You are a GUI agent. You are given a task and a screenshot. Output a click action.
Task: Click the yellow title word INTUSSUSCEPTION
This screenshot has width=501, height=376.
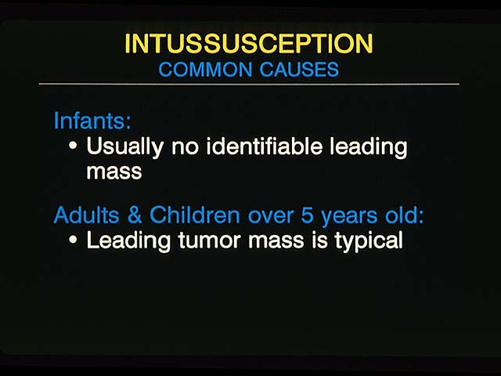pyautogui.click(x=249, y=43)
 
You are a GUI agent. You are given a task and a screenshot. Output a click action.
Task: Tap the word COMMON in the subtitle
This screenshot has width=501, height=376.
pyautogui.click(x=205, y=70)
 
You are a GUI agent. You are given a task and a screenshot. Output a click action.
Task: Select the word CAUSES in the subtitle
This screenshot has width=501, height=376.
pyautogui.click(x=299, y=70)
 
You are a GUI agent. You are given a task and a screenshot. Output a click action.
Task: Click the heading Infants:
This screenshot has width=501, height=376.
pyautogui.click(x=92, y=121)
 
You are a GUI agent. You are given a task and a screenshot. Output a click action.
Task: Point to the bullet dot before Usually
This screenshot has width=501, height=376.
pyautogui.click(x=73, y=146)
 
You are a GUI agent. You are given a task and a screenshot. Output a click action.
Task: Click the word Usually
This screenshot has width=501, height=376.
pyautogui.click(x=125, y=148)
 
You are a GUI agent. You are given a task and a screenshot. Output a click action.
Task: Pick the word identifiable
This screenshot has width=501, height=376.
pyautogui.click(x=265, y=146)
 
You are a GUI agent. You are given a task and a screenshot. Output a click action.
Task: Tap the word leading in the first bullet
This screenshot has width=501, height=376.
pyautogui.click(x=369, y=148)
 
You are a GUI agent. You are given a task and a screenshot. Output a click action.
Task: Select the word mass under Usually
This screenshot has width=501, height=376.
pyautogui.click(x=114, y=172)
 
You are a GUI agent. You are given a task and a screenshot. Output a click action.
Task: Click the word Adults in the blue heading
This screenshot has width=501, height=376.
pyautogui.click(x=87, y=215)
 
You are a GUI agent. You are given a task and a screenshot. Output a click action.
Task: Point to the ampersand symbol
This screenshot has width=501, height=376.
pyautogui.click(x=135, y=215)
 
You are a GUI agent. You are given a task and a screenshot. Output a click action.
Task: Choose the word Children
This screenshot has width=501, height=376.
pyautogui.click(x=195, y=215)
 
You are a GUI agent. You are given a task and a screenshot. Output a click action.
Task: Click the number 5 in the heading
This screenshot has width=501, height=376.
pyautogui.click(x=307, y=215)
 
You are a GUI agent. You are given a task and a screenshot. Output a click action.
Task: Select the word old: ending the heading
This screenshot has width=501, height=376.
pyautogui.click(x=404, y=215)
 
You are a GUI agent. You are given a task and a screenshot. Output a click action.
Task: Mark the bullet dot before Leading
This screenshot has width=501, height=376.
pyautogui.click(x=73, y=240)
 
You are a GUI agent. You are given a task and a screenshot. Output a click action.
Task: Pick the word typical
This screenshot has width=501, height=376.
pyautogui.click(x=369, y=242)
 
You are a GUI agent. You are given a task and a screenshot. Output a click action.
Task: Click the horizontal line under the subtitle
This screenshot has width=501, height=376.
pyautogui.click(x=249, y=84)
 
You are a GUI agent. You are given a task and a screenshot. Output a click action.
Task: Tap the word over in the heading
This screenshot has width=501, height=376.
pyautogui.click(x=271, y=217)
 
